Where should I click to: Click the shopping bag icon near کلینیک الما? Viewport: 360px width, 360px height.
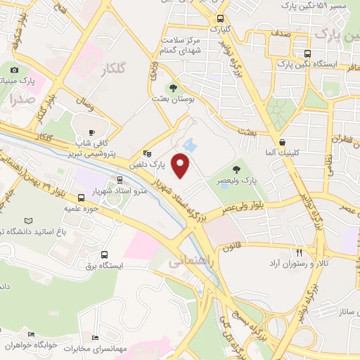coord(281,141)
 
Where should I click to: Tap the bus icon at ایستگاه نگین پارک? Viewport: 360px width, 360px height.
coord(307,53)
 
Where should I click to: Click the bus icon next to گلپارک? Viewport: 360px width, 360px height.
coord(220,19)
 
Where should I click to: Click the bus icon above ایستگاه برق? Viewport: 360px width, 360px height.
coord(105,255)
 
